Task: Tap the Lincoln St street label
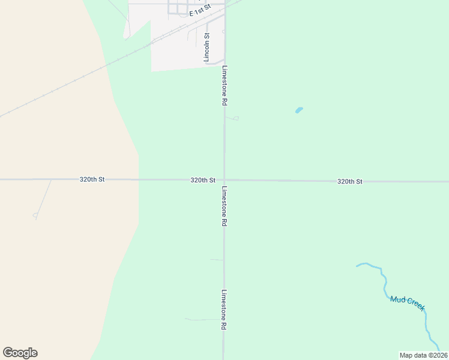pyautogui.click(x=206, y=47)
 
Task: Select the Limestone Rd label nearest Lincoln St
pyautogui.click(x=224, y=86)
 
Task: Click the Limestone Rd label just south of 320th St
pyautogui.click(x=224, y=206)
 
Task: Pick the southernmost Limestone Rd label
pyautogui.click(x=224, y=310)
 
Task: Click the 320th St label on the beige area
pyautogui.click(x=92, y=179)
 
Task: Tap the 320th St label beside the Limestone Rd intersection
pyautogui.click(x=203, y=180)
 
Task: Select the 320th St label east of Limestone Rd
pyautogui.click(x=349, y=181)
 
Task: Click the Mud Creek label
pyautogui.click(x=408, y=303)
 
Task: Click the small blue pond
pyautogui.click(x=299, y=110)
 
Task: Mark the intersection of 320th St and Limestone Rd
pyautogui.click(x=224, y=180)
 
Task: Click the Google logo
pyautogui.click(x=20, y=353)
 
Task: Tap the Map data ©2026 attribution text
pyautogui.click(x=423, y=355)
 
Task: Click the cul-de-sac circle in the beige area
pyautogui.click(x=35, y=215)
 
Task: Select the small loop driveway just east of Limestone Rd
pyautogui.click(x=235, y=118)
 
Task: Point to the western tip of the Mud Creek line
pyautogui.click(x=357, y=265)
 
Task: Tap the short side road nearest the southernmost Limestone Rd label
pyautogui.click(x=204, y=320)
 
